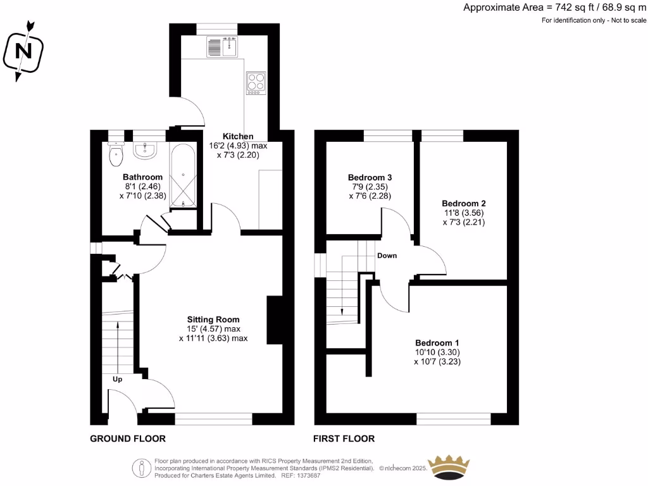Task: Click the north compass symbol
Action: click(x=23, y=51)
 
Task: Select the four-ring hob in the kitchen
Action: click(x=256, y=84)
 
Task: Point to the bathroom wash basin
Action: click(x=146, y=149)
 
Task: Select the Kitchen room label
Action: click(x=238, y=136)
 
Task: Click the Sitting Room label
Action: click(x=213, y=320)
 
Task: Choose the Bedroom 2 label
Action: click(x=464, y=203)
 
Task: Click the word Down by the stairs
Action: click(x=387, y=256)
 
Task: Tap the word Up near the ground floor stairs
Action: click(x=118, y=379)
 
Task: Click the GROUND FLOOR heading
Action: click(x=128, y=439)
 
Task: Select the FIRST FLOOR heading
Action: click(x=344, y=439)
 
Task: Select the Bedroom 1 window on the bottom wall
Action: click(x=454, y=418)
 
